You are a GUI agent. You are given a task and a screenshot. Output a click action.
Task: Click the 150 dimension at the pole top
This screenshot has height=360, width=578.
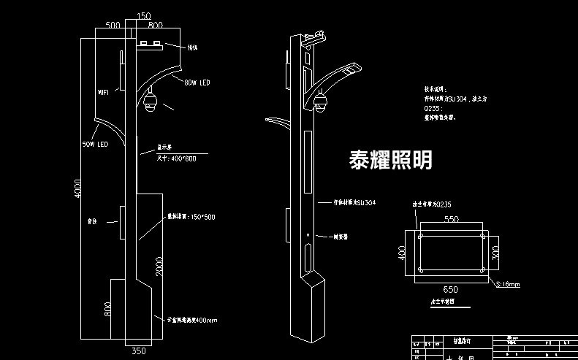tap(144, 15)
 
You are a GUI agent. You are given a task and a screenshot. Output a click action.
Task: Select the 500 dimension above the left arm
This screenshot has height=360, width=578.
tap(113, 26)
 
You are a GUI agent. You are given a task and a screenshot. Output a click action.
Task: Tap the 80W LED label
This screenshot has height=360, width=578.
tap(197, 83)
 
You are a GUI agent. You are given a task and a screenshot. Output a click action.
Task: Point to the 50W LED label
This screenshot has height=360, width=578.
tap(95, 145)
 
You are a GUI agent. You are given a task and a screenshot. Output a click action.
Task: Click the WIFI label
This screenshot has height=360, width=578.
tap(103, 93)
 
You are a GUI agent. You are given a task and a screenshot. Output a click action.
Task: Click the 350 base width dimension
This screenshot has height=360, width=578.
tap(136, 351)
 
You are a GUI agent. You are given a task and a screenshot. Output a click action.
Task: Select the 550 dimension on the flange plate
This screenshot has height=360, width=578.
tap(452, 219)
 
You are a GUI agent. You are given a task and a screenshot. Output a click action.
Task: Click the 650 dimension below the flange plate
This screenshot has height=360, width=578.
tap(452, 290)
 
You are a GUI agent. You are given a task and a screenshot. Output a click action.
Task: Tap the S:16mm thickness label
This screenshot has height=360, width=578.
tap(508, 284)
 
